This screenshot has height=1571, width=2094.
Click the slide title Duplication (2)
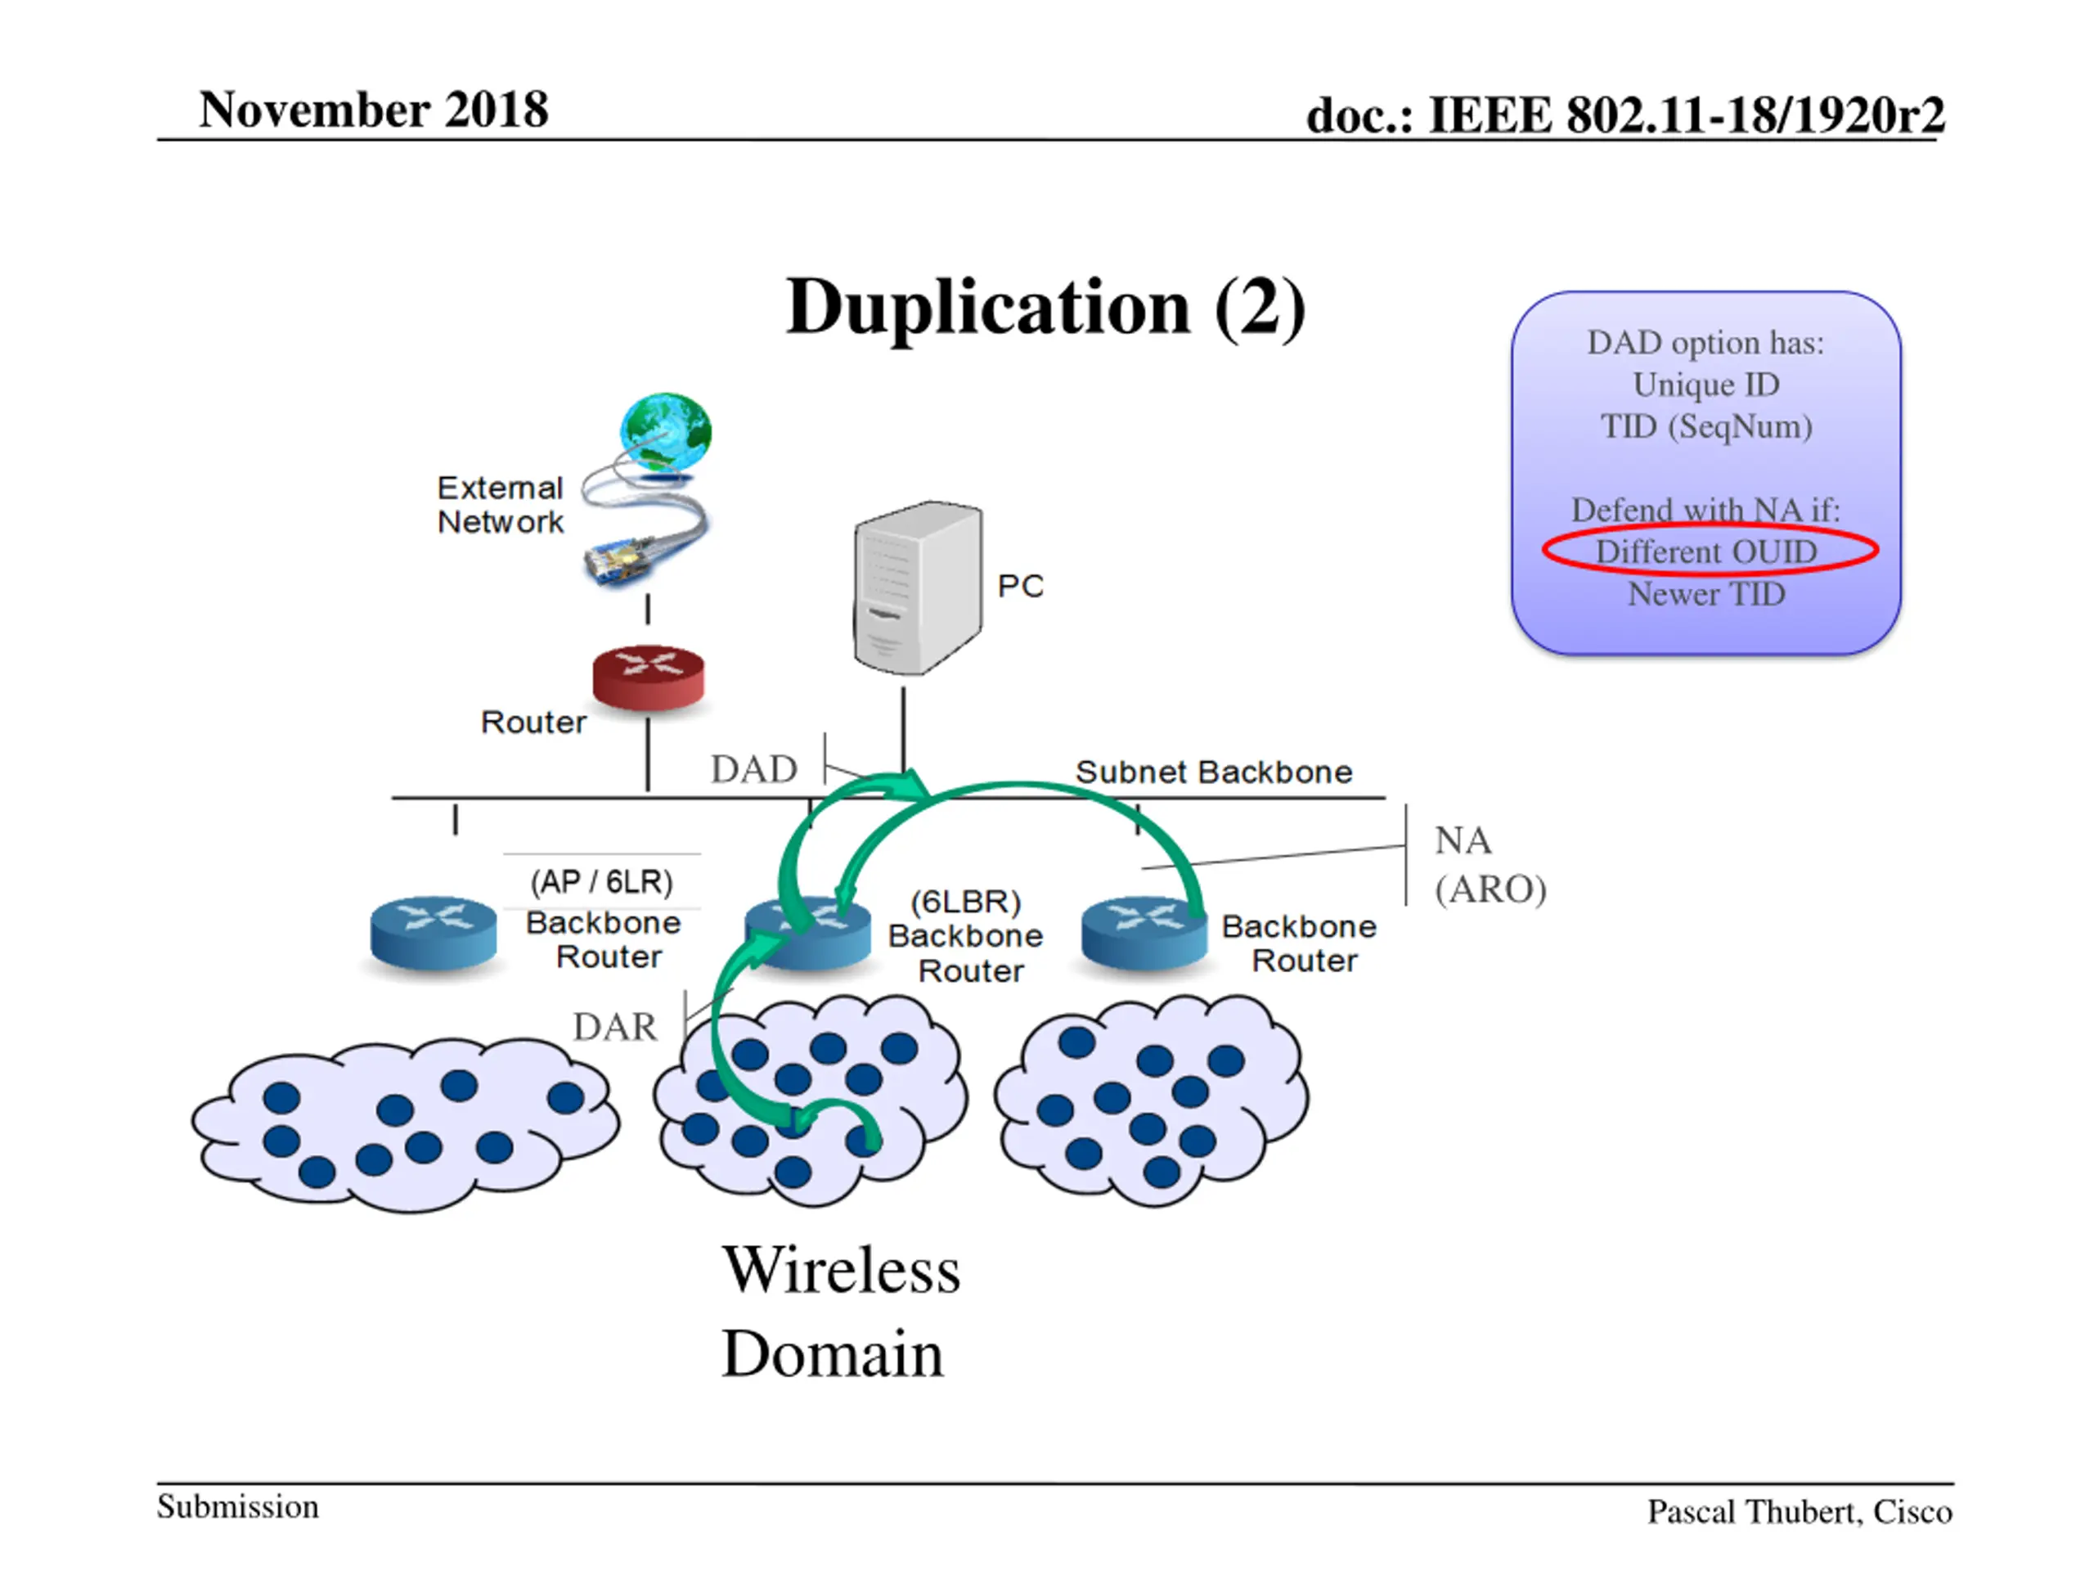point(1046,308)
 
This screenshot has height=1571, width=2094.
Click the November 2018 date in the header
point(374,109)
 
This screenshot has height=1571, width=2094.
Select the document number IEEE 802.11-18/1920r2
point(1686,115)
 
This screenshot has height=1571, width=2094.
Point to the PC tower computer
point(917,588)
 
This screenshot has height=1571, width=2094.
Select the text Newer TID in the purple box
point(1707,594)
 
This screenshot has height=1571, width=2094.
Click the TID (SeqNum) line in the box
point(1707,427)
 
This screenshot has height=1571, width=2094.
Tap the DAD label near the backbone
point(754,769)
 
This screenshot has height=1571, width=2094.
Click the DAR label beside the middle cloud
point(615,1027)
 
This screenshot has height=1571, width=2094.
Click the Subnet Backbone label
point(1214,772)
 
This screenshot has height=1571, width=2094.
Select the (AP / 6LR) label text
point(602,881)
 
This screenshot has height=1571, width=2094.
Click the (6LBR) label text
point(965,902)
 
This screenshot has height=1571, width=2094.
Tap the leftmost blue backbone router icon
point(434,934)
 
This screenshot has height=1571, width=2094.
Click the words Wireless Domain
point(841,1312)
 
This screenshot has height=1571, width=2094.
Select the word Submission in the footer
point(237,1506)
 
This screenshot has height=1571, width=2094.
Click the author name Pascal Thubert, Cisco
point(1800,1512)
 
